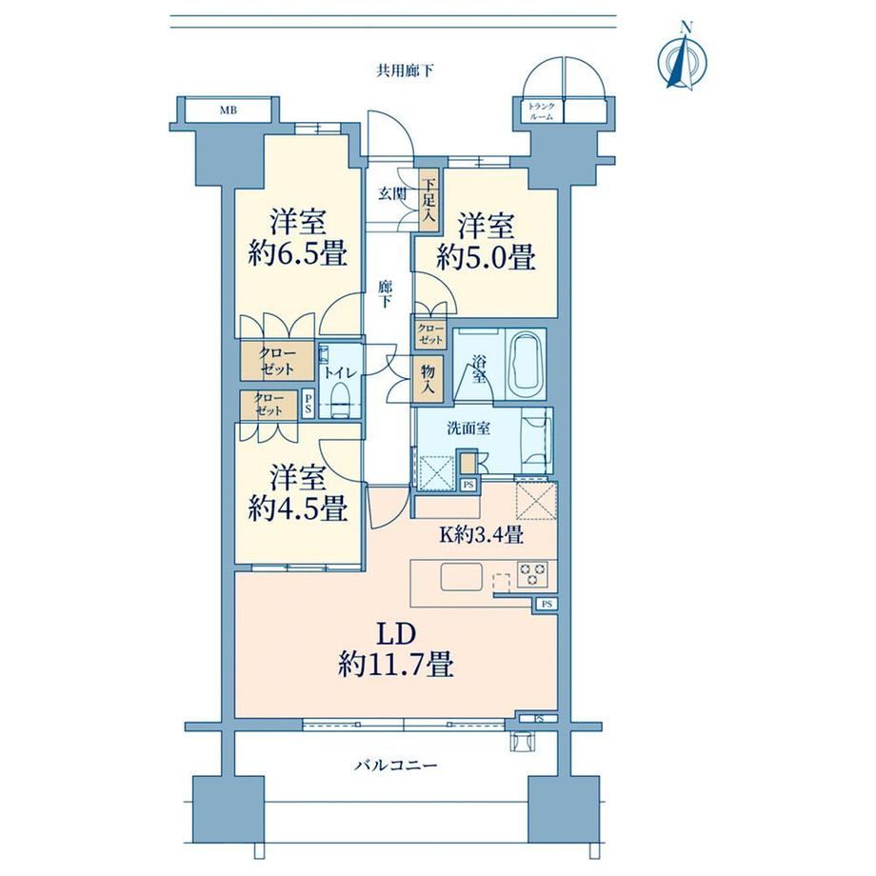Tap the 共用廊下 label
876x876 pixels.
pos(405,71)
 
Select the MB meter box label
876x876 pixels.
pos(228,110)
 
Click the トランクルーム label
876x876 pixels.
pos(542,111)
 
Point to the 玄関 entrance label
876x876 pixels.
pos(392,194)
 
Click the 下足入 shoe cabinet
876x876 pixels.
pos(428,199)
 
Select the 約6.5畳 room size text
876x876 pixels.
pos(298,254)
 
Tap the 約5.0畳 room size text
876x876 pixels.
pos(486,257)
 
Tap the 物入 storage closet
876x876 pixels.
pos(428,380)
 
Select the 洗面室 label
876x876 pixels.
pos(468,428)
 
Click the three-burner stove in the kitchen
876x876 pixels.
pos(532,574)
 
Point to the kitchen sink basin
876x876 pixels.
pos(462,577)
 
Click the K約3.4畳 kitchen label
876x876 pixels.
pos(481,535)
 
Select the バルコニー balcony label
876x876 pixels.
pos(395,765)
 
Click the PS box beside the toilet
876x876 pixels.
pos(309,404)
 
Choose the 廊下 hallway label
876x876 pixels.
pos(385,294)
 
